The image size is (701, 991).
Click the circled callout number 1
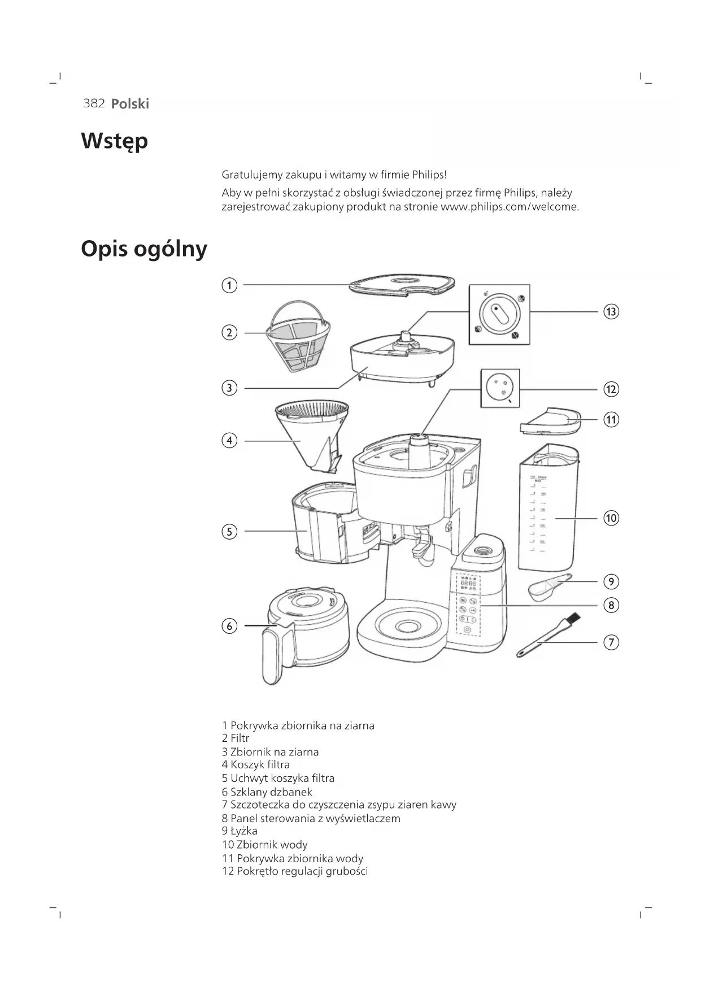pyautogui.click(x=229, y=285)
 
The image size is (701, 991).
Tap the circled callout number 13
pyautogui.click(x=611, y=311)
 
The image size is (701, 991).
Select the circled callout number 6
pyautogui.click(x=229, y=626)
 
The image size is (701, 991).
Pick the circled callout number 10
pyautogui.click(x=611, y=518)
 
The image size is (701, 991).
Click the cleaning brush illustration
pyautogui.click(x=547, y=637)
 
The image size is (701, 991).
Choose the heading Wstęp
pyautogui.click(x=115, y=141)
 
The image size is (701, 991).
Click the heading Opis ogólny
pyautogui.click(x=144, y=249)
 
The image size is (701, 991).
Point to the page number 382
pyautogui.click(x=94, y=103)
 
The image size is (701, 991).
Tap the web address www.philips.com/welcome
pyautogui.click(x=509, y=207)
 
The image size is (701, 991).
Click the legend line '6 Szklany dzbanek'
pyautogui.click(x=267, y=792)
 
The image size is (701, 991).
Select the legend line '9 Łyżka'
pyautogui.click(x=240, y=831)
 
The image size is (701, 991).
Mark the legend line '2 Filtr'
pyautogui.click(x=236, y=738)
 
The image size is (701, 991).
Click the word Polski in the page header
pyautogui.click(x=130, y=103)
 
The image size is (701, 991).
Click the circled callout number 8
pyautogui.click(x=611, y=605)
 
